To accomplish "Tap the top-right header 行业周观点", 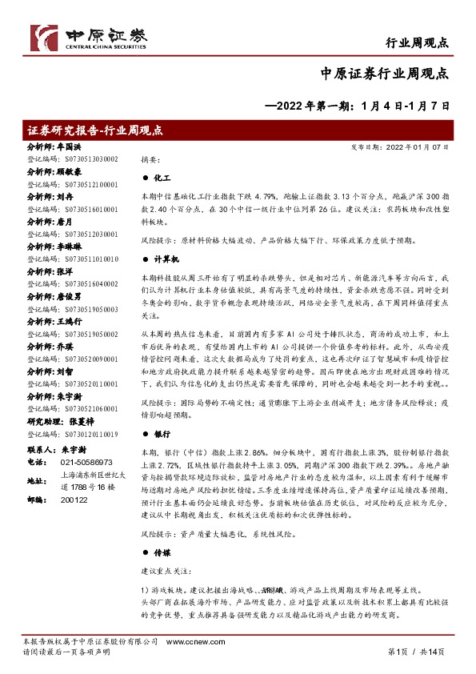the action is tap(416, 42).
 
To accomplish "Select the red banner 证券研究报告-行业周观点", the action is tap(95, 130).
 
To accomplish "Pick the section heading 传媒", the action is tap(161, 552).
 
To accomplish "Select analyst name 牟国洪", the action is tap(68, 148).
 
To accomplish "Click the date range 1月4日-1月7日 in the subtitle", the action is tap(406, 105).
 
